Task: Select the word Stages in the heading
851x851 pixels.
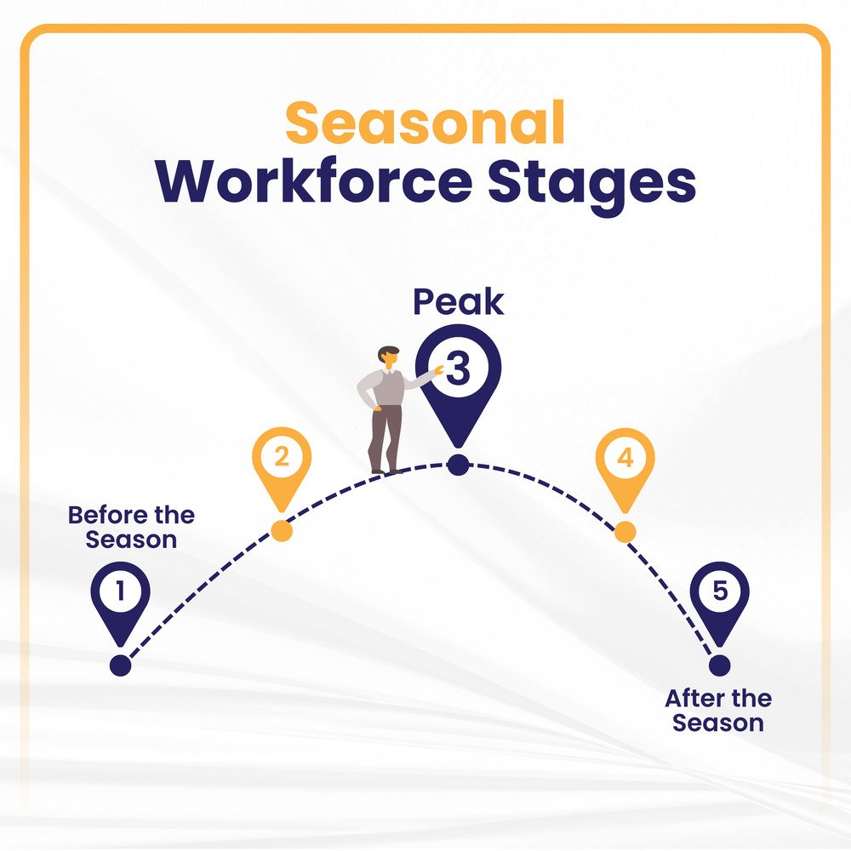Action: click(x=591, y=185)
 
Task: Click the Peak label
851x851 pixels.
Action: click(x=459, y=302)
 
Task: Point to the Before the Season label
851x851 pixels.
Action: click(x=131, y=528)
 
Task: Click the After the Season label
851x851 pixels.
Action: click(x=718, y=711)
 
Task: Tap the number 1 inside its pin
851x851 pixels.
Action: click(x=121, y=590)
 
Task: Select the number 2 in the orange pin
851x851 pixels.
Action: click(x=281, y=456)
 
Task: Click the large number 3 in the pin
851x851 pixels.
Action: click(x=459, y=368)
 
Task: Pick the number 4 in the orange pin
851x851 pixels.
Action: click(x=625, y=457)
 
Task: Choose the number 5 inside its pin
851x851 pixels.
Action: click(x=720, y=590)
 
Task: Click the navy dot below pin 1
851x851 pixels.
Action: click(x=121, y=665)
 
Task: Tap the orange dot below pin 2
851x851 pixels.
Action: click(x=281, y=531)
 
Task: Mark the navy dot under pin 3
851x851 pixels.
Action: click(x=458, y=465)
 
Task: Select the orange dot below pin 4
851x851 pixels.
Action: click(x=625, y=532)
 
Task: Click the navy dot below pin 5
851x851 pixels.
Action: click(x=720, y=665)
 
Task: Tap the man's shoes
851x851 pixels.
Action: click(x=386, y=471)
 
